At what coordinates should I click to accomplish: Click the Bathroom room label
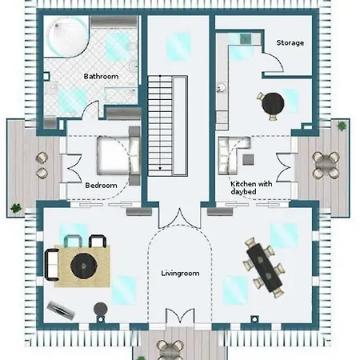click(101, 77)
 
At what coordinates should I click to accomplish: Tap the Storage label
click(290, 42)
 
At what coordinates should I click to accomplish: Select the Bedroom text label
click(101, 186)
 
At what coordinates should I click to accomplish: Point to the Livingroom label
click(180, 274)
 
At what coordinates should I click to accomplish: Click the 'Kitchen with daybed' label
click(251, 188)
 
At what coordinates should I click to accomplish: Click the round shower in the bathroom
click(67, 36)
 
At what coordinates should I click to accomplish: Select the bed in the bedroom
click(118, 155)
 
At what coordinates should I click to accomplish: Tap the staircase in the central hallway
click(168, 126)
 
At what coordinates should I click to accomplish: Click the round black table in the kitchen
click(273, 104)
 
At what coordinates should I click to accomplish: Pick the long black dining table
click(264, 267)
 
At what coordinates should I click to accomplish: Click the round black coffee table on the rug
click(84, 266)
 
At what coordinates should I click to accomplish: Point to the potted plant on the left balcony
click(16, 208)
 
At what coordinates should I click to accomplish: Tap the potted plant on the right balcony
click(342, 126)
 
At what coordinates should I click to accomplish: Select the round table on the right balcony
click(326, 165)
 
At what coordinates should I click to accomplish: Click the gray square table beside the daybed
click(248, 160)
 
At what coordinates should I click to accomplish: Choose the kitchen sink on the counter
click(222, 88)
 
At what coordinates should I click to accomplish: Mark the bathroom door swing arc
click(90, 110)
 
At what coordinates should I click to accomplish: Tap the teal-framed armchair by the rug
click(73, 241)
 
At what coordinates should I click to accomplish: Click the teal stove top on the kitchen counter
click(246, 39)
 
